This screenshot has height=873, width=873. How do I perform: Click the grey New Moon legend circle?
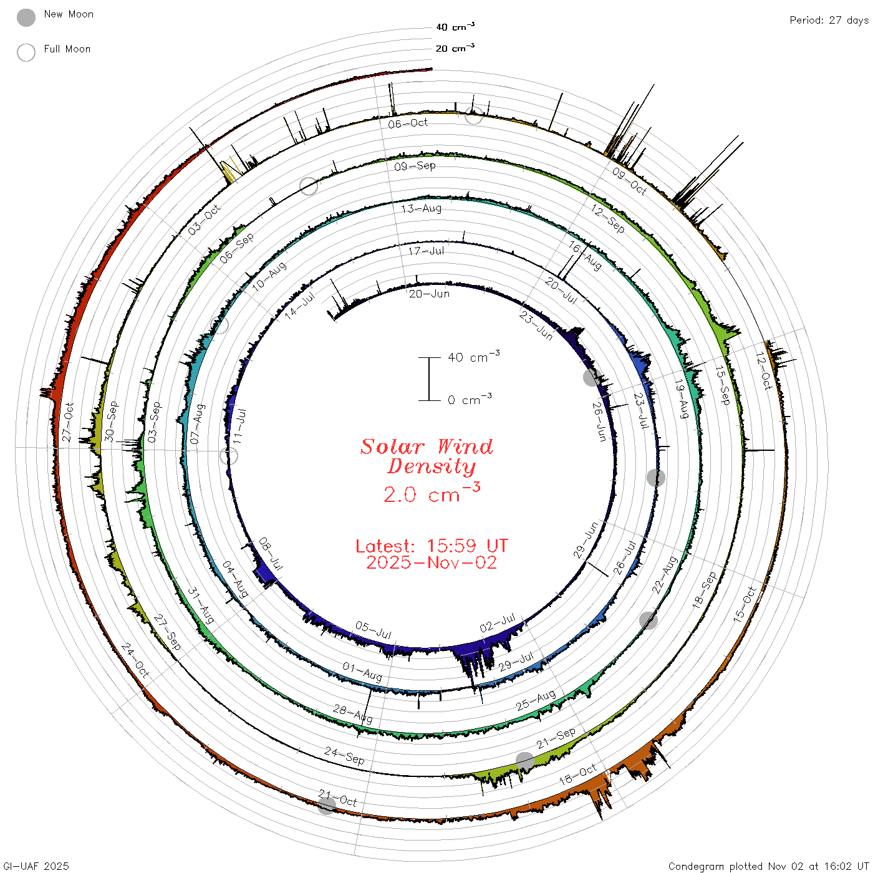point(26,17)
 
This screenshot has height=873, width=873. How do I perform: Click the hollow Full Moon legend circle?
point(26,52)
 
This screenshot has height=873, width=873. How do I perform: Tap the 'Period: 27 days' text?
point(829,21)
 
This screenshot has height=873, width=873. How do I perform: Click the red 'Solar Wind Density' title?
point(427,456)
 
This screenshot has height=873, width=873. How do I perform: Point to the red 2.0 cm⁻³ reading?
point(432,493)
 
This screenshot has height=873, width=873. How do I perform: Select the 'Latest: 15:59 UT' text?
point(432,546)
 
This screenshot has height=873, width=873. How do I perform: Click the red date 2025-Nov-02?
point(432,562)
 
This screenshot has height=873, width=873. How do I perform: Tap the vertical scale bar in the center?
point(429,379)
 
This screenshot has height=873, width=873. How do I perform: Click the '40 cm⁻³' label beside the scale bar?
point(474,357)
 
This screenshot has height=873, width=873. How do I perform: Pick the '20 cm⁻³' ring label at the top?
point(455,47)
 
